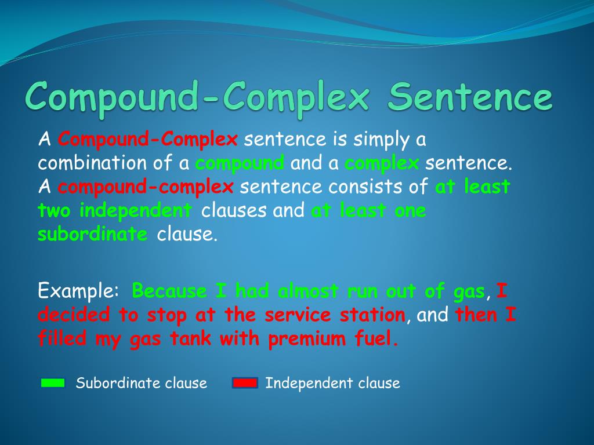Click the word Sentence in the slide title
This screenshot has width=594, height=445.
[x=470, y=97]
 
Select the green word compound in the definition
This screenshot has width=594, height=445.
[x=240, y=163]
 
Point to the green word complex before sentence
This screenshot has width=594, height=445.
[x=382, y=163]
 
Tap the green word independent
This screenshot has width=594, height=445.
[x=136, y=211]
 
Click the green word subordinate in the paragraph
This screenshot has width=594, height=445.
[x=93, y=234]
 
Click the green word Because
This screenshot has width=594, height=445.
[x=169, y=290]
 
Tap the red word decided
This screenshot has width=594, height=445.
[x=74, y=315]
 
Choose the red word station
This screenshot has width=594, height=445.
[x=372, y=315]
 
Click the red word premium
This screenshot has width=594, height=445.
[x=308, y=338]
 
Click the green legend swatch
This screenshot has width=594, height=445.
[x=53, y=383]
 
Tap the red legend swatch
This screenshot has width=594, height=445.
[x=244, y=383]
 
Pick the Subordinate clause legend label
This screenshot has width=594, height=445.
[x=142, y=383]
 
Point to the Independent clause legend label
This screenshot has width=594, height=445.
[x=332, y=383]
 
